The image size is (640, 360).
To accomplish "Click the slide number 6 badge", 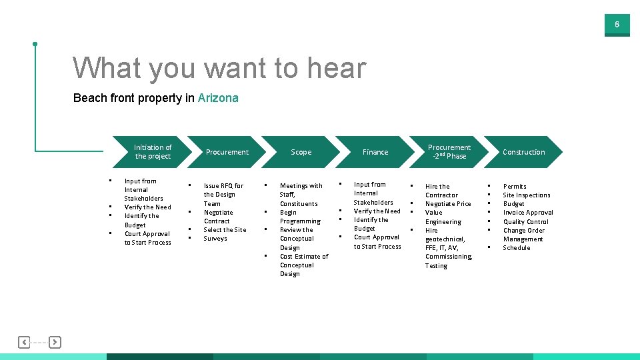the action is click(x=617, y=25).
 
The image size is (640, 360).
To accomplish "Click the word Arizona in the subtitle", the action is click(x=218, y=98).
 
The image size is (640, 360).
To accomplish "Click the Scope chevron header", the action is click(x=301, y=152).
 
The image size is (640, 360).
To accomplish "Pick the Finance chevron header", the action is click(x=375, y=152).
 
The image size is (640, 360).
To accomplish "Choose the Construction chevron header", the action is click(x=524, y=152).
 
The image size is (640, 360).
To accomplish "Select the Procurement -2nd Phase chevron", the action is click(x=449, y=152).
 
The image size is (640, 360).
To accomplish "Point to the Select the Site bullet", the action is click(x=225, y=230).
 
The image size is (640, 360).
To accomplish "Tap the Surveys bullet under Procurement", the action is click(x=215, y=239).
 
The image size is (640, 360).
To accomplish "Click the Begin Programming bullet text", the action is click(x=300, y=217).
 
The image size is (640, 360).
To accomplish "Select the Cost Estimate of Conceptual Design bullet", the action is click(x=303, y=265).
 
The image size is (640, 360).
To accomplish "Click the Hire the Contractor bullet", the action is click(x=441, y=191).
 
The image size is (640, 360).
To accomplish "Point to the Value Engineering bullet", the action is click(x=443, y=217).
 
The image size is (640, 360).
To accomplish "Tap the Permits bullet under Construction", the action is click(x=515, y=187).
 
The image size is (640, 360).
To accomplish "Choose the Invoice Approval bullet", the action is click(x=528, y=213).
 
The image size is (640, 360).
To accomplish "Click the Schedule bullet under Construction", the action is click(x=517, y=248).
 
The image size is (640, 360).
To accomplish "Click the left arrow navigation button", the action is click(x=24, y=342).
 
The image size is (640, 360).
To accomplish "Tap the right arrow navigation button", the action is click(x=55, y=342).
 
